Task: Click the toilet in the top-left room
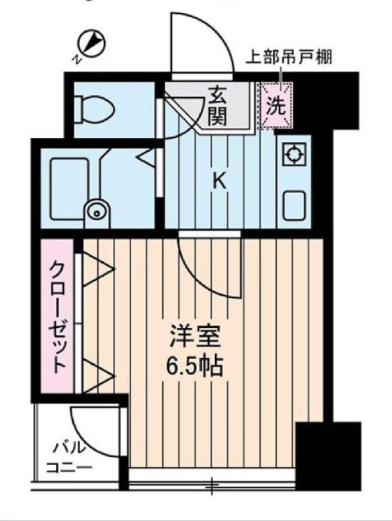tap(97, 109)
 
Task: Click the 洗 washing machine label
tap(275, 106)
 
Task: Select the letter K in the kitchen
tap(219, 181)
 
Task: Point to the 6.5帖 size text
tap(196, 367)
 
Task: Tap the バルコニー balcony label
tap(69, 458)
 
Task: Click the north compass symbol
tap(91, 45)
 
